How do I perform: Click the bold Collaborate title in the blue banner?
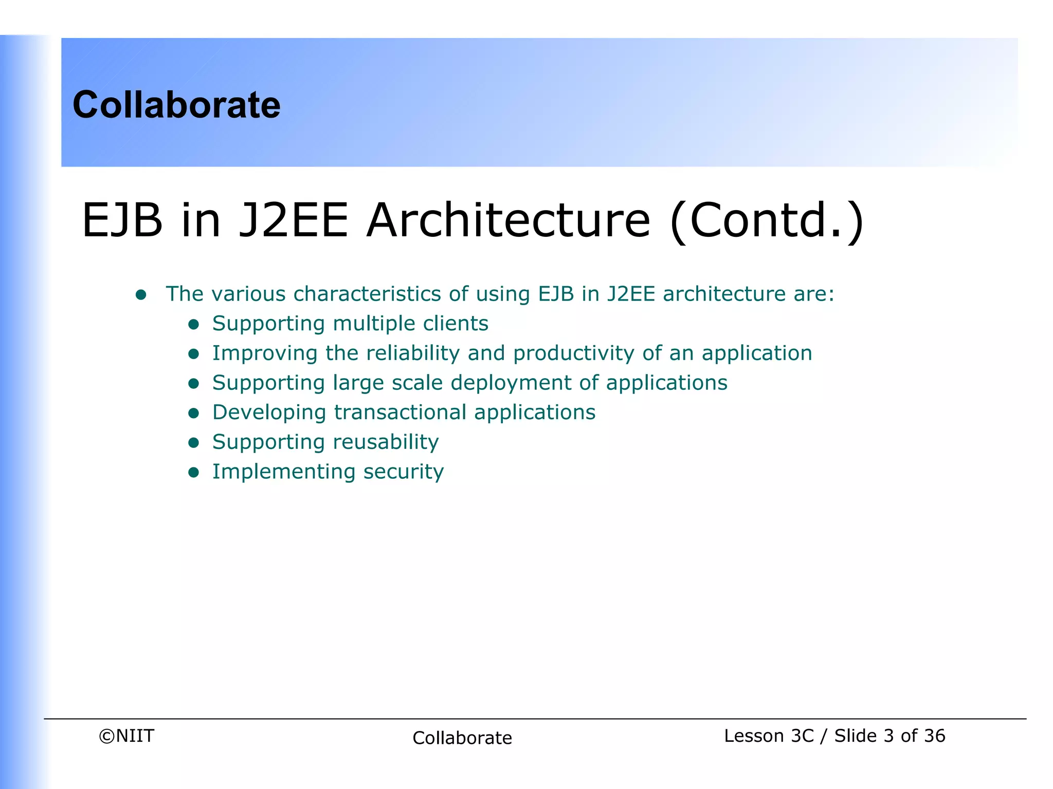coord(176,105)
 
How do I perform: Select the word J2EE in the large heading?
coord(294,221)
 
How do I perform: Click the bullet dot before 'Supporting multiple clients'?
coord(194,324)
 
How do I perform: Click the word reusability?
coord(386,442)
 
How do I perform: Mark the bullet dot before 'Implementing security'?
coord(194,473)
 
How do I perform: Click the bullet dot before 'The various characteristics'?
coord(141,295)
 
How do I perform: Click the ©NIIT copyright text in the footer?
coord(126,736)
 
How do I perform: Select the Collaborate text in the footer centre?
coord(462,738)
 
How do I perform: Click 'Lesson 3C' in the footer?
coord(769,736)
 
